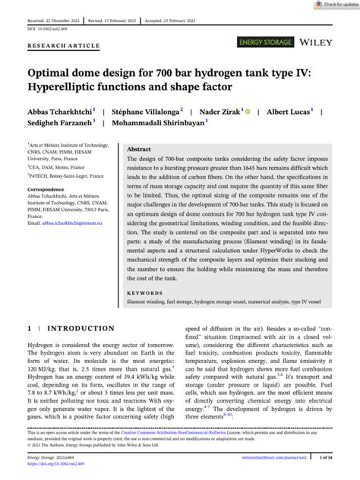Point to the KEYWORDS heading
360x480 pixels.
(x=146, y=292)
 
